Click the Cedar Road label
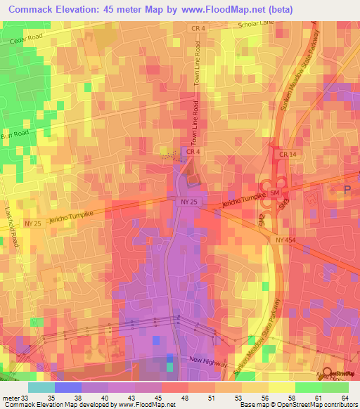pos(27,40)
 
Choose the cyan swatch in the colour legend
pos(41,387)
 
